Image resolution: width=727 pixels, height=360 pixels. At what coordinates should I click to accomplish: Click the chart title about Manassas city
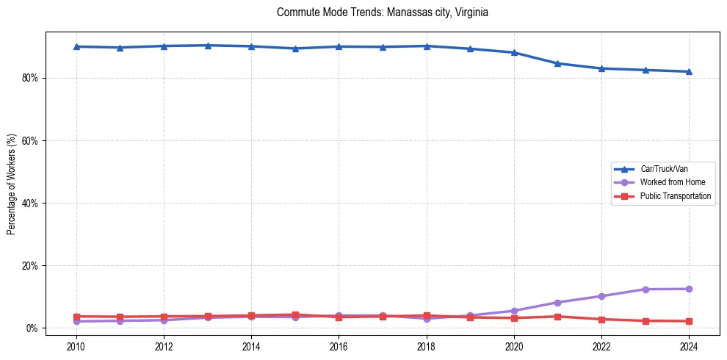point(382,12)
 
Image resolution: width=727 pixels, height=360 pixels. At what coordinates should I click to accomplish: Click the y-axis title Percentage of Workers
point(11,184)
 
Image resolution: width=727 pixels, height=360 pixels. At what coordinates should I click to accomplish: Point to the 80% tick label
point(29,78)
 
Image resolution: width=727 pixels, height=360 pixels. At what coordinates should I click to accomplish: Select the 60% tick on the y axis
point(29,140)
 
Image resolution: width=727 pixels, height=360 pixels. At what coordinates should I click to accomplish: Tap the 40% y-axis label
point(29,203)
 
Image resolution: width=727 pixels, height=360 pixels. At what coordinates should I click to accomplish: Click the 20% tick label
point(29,265)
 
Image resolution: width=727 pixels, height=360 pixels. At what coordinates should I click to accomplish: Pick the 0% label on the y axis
point(32,328)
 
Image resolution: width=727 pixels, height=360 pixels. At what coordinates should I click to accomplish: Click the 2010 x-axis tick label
point(76,345)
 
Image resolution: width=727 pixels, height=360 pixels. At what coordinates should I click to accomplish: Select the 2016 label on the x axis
point(339,345)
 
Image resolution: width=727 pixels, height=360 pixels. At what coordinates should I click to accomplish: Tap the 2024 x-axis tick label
point(689,345)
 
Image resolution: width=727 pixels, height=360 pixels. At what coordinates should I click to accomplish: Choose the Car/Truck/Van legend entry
point(664,168)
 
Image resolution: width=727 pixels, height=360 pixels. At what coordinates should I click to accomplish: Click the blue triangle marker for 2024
point(689,71)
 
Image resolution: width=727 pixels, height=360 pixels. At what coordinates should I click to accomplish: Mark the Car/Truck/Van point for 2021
point(557,63)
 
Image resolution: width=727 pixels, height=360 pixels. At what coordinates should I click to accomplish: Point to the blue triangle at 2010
point(76,46)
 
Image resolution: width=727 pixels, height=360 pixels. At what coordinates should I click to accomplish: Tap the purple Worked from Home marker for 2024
point(689,289)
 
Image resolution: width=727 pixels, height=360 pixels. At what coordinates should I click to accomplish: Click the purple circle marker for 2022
point(601,296)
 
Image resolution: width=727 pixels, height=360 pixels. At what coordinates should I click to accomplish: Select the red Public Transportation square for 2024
point(689,321)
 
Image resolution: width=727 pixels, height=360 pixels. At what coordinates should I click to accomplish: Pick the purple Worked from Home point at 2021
point(557,302)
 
